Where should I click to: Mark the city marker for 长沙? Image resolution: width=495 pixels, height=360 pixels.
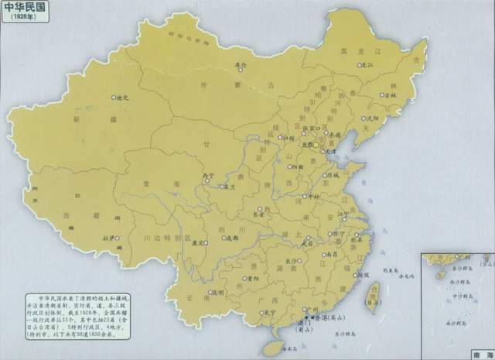point(292,262)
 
